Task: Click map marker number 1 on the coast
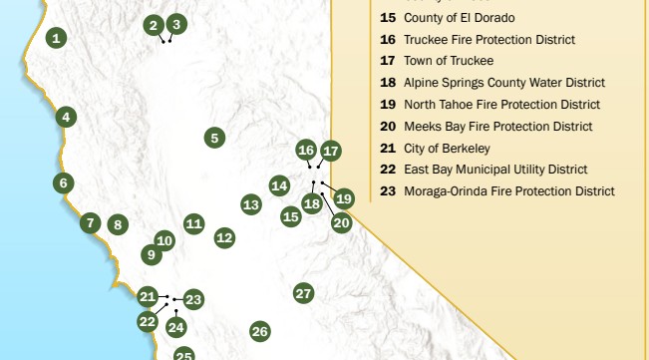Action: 57,39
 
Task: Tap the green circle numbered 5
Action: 215,139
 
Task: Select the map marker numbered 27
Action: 304,293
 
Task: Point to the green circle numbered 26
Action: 260,331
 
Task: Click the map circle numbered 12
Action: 224,238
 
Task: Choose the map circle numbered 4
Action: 66,117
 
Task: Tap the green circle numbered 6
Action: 64,183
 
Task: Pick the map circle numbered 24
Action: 176,327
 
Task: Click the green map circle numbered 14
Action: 280,185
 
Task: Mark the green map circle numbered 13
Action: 251,204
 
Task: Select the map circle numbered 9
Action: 152,255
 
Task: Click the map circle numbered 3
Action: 176,24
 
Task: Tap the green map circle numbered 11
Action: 194,223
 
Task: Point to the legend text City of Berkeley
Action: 448,149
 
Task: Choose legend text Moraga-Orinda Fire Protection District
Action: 509,191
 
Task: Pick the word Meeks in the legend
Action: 423,127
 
